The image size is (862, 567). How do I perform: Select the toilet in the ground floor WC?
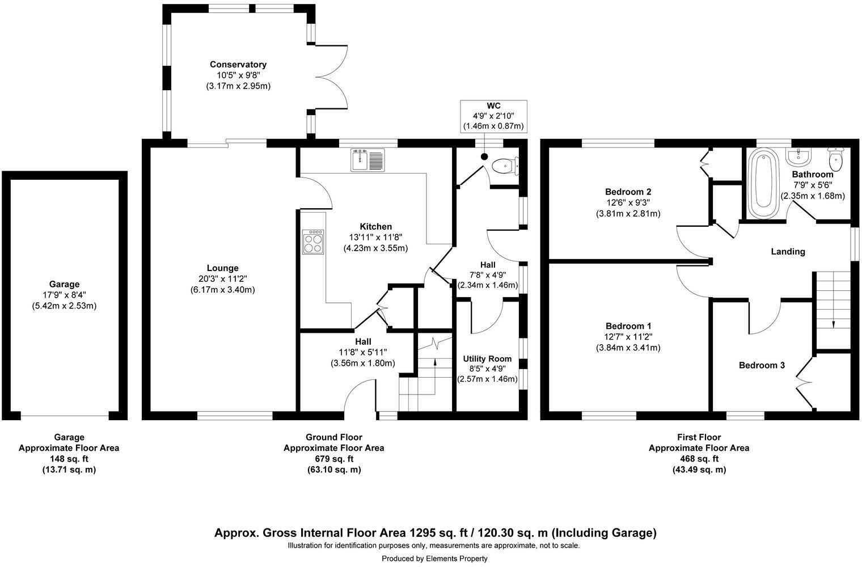(x=503, y=166)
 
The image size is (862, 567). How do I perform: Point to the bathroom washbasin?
(x=800, y=156)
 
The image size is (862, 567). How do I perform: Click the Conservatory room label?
(x=238, y=65)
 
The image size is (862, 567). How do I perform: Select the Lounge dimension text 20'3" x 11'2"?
(x=222, y=279)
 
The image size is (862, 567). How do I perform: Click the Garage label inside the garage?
(x=64, y=284)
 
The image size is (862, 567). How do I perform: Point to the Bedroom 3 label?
(x=761, y=365)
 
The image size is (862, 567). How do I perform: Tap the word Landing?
(x=787, y=251)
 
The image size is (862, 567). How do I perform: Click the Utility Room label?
(x=487, y=358)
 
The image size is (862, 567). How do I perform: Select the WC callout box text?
(x=493, y=116)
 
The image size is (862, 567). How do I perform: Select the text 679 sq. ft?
(x=333, y=459)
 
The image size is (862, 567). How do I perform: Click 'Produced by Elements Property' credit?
(x=434, y=558)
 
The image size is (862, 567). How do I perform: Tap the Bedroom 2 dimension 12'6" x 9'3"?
(x=627, y=202)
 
